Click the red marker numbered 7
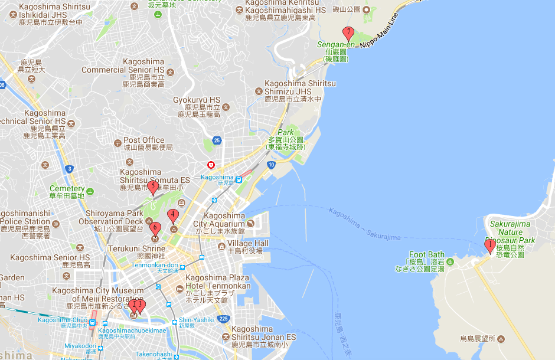tap(349, 33)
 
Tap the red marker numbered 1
tap(489, 245)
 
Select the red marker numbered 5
tap(153, 188)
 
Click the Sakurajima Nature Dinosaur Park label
tap(510, 232)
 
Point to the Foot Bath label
tap(426, 254)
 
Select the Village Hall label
tap(248, 244)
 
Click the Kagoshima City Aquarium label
tap(218, 224)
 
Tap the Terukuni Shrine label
tap(136, 250)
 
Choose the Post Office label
tap(144, 140)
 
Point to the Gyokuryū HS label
tap(196, 100)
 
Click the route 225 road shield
tap(223, 319)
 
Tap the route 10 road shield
tap(270, 165)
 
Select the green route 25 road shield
tap(217, 140)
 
